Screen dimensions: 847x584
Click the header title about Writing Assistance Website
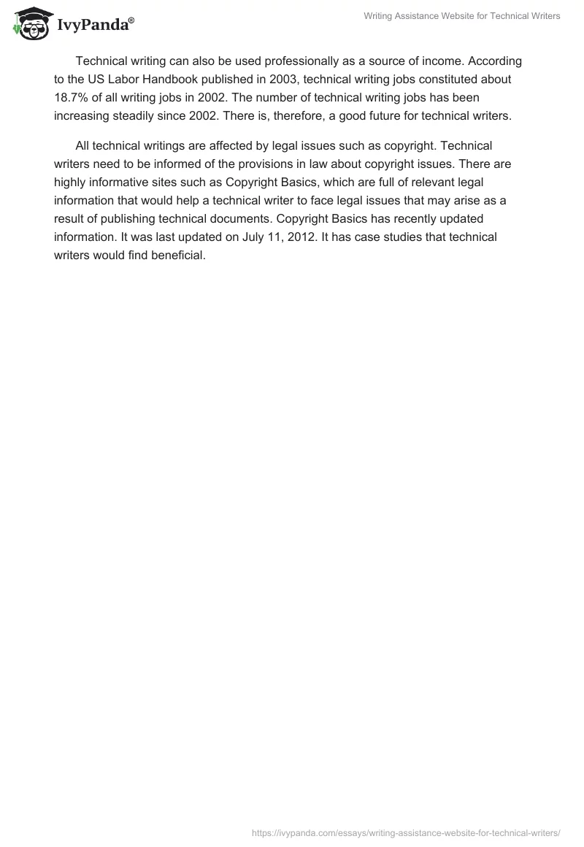(x=461, y=16)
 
